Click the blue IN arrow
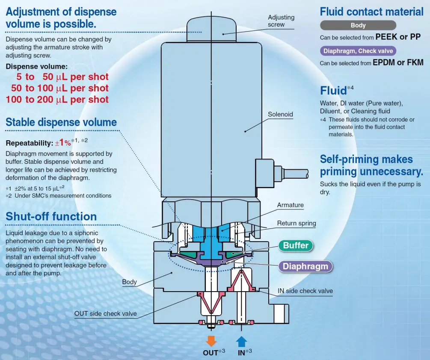click(242, 341)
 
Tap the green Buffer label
click(295, 246)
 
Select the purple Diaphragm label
click(305, 266)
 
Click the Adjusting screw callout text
click(281, 21)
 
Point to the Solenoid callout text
click(280, 114)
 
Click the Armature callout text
click(290, 205)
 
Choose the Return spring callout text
click(297, 223)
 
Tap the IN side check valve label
click(305, 291)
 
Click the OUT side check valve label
click(106, 313)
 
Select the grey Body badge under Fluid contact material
click(358, 25)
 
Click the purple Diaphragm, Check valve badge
click(358, 51)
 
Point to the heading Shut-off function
click(51, 216)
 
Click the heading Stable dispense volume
click(61, 123)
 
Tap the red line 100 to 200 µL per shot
click(57, 100)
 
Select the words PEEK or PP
click(397, 37)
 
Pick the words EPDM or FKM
click(398, 62)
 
